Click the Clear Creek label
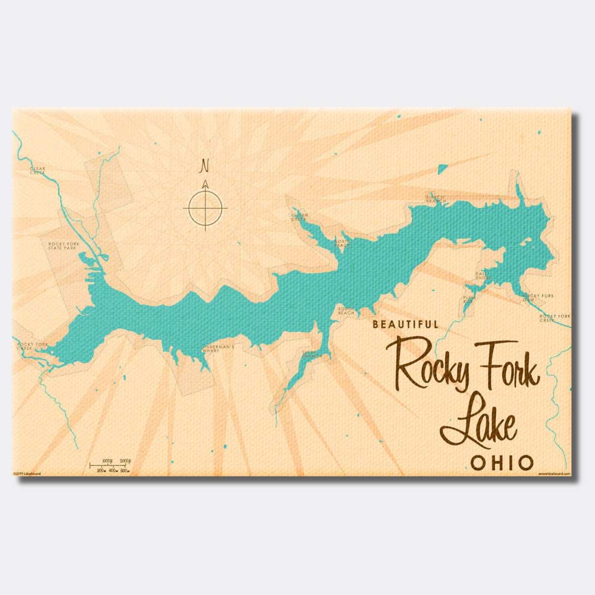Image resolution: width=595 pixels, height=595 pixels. (x=38, y=170)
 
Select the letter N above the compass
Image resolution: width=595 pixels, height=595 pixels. (x=205, y=165)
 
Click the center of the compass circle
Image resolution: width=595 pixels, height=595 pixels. (x=205, y=208)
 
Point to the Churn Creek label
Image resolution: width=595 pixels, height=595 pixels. (x=299, y=217)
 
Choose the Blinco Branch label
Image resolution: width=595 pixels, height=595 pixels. (x=436, y=199)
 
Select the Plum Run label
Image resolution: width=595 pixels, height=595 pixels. (x=468, y=299)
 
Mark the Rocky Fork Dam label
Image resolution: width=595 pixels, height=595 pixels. (x=538, y=297)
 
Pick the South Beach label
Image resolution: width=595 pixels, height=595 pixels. (x=346, y=311)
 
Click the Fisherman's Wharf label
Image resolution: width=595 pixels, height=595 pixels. (x=218, y=348)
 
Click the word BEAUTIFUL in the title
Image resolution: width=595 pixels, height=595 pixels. (x=406, y=325)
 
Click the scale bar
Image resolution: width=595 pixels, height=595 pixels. (x=110, y=465)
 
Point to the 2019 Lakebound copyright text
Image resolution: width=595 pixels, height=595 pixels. (x=27, y=474)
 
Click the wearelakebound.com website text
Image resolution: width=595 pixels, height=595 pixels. (x=554, y=474)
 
